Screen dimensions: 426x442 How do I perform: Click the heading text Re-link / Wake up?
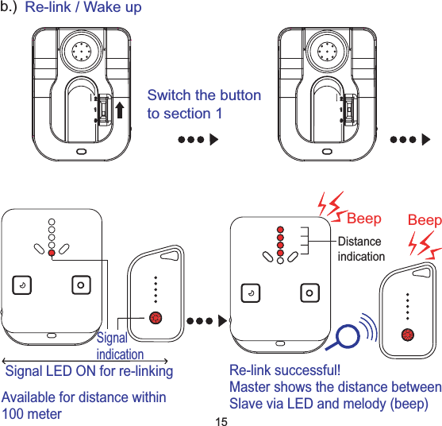[83, 8]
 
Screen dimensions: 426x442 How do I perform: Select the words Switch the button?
[204, 96]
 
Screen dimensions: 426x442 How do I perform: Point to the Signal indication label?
[120, 347]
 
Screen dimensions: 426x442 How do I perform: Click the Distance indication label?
[361, 249]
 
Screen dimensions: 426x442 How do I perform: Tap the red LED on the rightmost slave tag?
[408, 334]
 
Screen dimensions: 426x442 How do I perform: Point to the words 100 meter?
[33, 414]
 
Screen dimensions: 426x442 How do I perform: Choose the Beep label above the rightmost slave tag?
[424, 219]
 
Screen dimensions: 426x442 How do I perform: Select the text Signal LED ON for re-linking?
[89, 371]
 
